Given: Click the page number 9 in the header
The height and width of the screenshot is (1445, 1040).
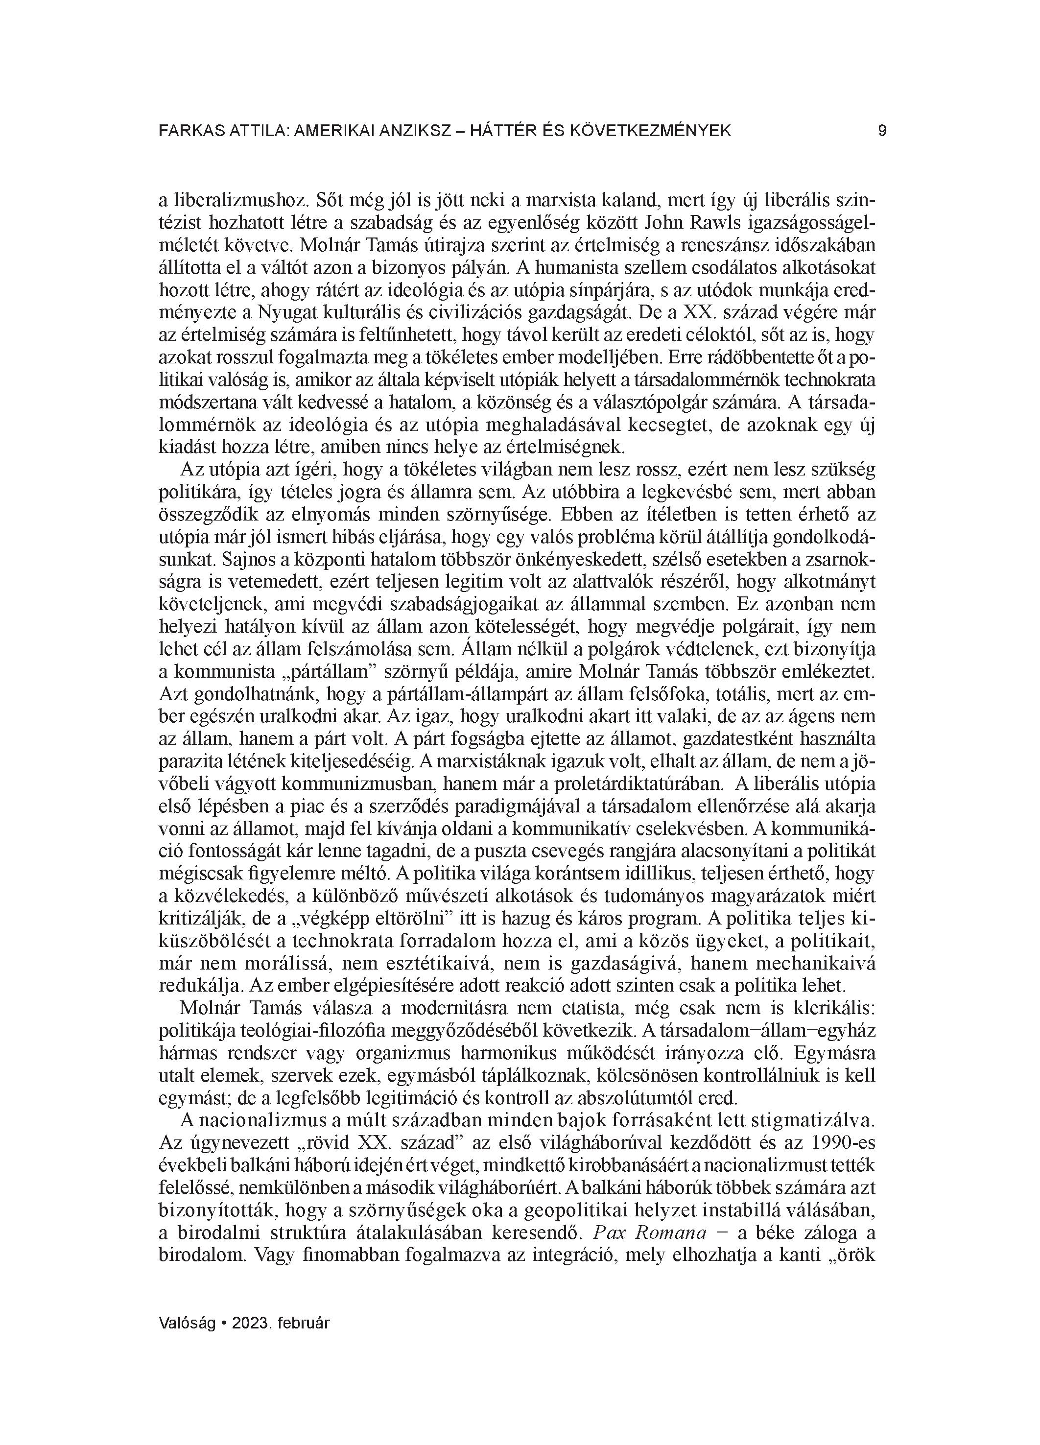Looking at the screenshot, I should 881,131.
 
